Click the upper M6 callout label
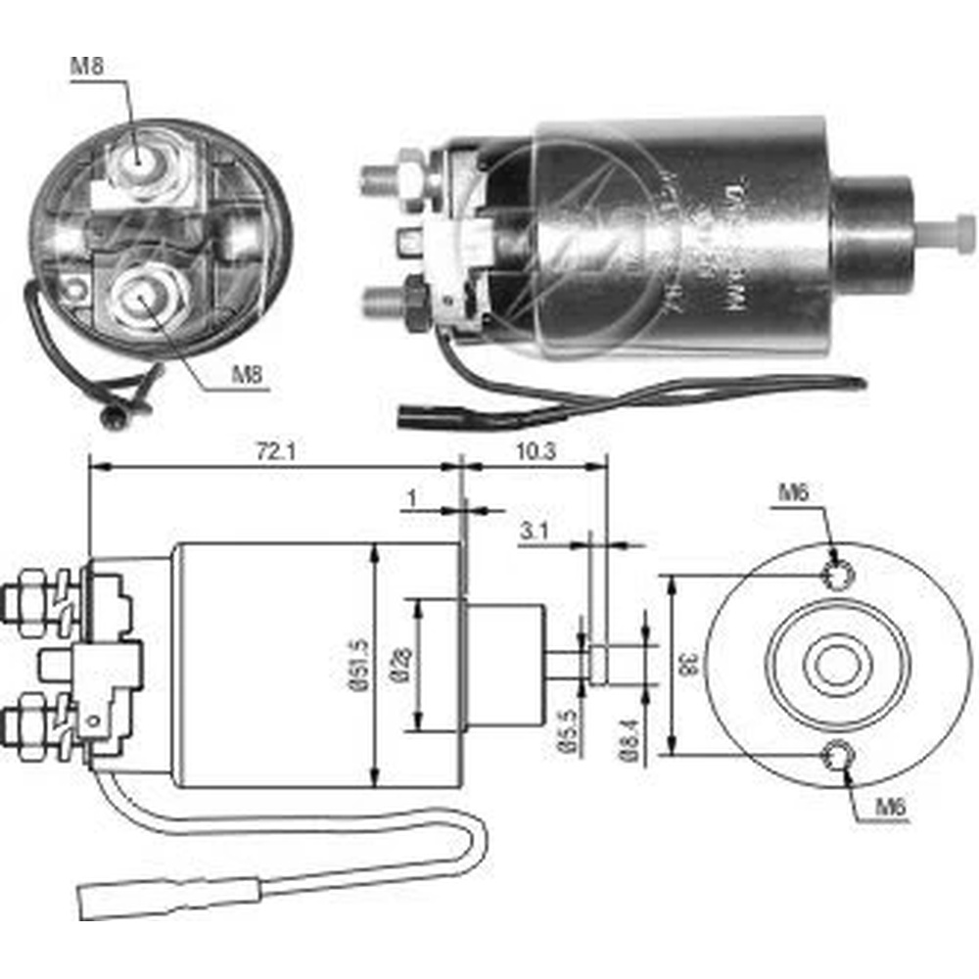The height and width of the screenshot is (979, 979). coord(794,493)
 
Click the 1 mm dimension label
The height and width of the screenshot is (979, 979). coord(412,497)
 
